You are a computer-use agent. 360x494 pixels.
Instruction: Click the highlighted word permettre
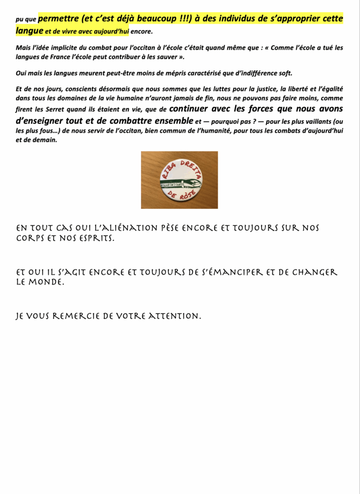pos(61,19)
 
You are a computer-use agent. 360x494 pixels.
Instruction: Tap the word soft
pos(284,73)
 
